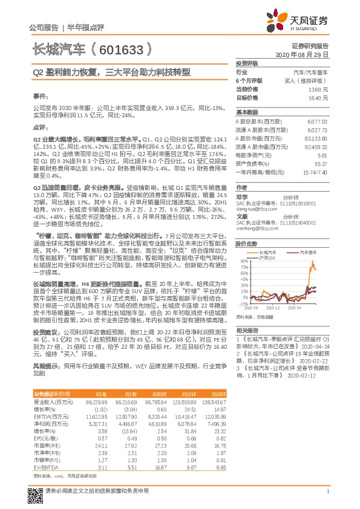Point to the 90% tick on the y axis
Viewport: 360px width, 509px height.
pyautogui.click(x=243, y=261)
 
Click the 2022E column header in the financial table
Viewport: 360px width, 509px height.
pyautogui.click(x=218, y=393)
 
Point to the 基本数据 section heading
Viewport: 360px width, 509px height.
pyautogui.click(x=246, y=112)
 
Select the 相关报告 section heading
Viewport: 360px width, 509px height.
pyautogui.click(x=246, y=346)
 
